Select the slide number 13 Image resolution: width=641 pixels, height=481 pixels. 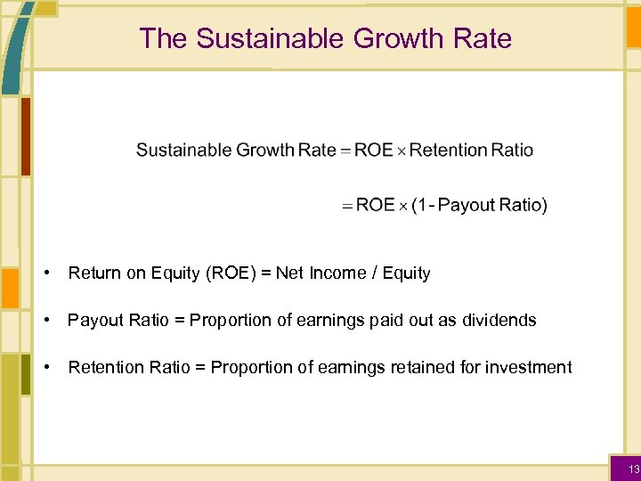(x=633, y=469)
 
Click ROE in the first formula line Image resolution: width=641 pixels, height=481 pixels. (x=373, y=150)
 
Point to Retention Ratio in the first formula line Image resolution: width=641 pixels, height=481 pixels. (x=471, y=150)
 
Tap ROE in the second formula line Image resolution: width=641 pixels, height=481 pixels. (x=375, y=205)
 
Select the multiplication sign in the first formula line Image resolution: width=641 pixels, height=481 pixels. (x=401, y=151)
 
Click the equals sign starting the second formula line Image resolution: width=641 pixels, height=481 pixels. (x=347, y=206)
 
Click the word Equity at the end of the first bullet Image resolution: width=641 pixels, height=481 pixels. (x=406, y=273)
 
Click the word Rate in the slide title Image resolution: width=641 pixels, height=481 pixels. (x=488, y=38)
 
